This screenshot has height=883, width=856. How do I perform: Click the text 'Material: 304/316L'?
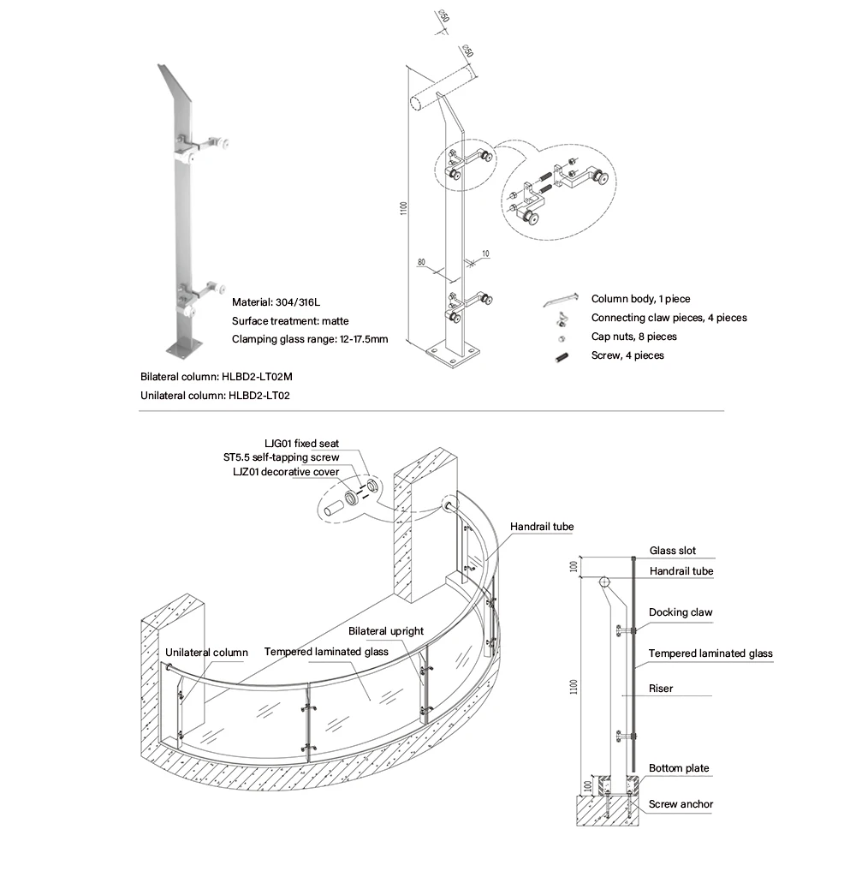coord(276,302)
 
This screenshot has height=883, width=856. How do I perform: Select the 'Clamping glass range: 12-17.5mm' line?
coord(310,340)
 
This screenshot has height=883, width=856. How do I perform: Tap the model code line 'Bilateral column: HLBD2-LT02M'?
coord(223,376)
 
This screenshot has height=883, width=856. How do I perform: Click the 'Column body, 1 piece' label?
coord(640,299)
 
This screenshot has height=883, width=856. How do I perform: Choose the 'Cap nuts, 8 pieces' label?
coord(633,337)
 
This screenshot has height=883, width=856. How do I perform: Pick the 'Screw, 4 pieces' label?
coord(627,355)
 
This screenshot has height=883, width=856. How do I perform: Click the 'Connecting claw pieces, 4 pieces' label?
coord(669,318)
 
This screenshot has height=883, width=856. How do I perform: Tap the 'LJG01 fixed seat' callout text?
coord(301,443)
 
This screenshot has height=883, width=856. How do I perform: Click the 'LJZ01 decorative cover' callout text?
coord(286,472)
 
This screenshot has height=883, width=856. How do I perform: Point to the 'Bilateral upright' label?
coord(386,631)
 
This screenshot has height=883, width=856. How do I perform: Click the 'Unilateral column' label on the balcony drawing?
coord(206,653)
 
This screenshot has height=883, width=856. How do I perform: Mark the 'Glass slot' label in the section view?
coord(672,552)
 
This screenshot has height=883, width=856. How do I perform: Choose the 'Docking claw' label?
coord(680,612)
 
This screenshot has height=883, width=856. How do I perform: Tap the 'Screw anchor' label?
coord(681,804)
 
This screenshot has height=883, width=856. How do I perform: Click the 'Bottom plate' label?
coord(679,768)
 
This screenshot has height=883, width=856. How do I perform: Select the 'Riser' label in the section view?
coord(660,688)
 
